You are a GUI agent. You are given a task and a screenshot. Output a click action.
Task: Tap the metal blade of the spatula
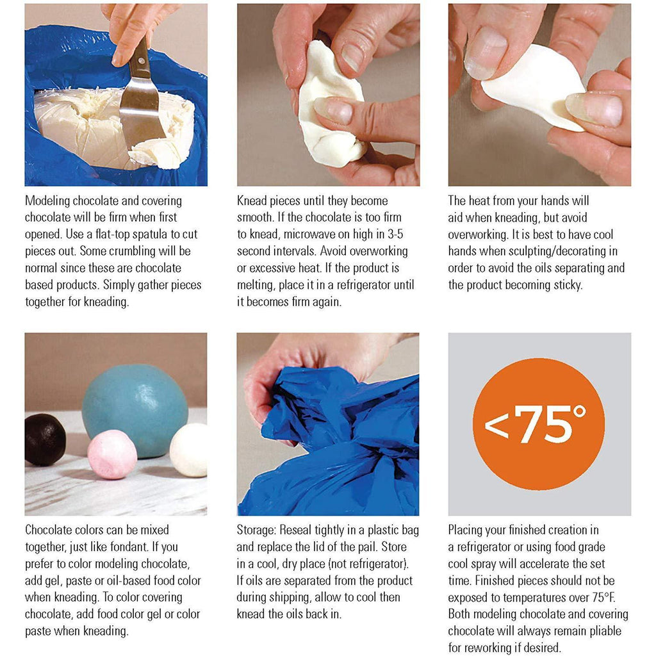click(x=140, y=113)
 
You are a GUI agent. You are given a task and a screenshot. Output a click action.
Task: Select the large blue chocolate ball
click(x=135, y=411)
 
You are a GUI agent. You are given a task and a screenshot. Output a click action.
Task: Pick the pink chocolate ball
click(x=111, y=454)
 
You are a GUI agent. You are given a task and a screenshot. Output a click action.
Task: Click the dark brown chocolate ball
click(x=45, y=439)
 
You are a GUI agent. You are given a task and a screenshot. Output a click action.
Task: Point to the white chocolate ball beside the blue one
click(x=189, y=450)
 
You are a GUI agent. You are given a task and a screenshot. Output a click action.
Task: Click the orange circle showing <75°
click(x=539, y=424)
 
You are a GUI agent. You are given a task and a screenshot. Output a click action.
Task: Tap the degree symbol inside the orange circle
click(x=579, y=412)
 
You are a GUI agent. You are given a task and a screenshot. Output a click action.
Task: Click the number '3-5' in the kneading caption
click(x=394, y=234)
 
